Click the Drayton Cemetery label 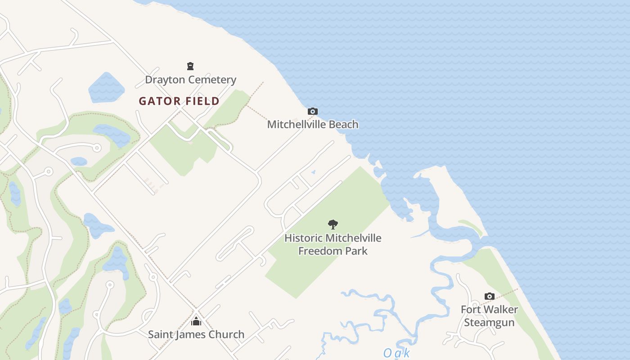tap(190, 80)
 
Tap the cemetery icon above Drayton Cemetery tap(190, 67)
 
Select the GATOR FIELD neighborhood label tap(179, 101)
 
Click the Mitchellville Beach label tap(313, 124)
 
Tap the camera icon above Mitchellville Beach tap(313, 111)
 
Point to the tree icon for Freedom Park tap(333, 224)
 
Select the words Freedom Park tap(333, 251)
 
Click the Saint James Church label tap(196, 334)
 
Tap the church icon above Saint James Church tap(196, 321)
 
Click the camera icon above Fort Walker tap(490, 296)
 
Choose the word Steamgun tap(489, 323)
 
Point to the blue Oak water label tap(396, 353)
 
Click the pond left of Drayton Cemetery tap(106, 88)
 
